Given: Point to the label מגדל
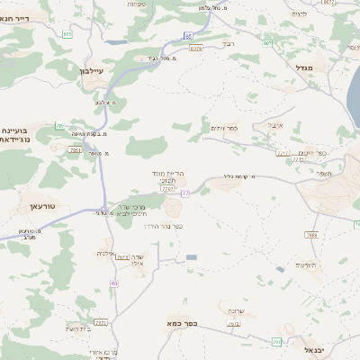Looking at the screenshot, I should click(303, 67).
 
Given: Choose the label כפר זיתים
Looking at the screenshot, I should click(224, 128).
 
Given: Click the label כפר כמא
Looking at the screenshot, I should click(180, 321).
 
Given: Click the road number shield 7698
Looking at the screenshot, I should click(311, 235).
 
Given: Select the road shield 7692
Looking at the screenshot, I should click(234, 324).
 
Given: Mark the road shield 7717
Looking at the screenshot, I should click(283, 153).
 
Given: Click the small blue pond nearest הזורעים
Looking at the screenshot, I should click(281, 269).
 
